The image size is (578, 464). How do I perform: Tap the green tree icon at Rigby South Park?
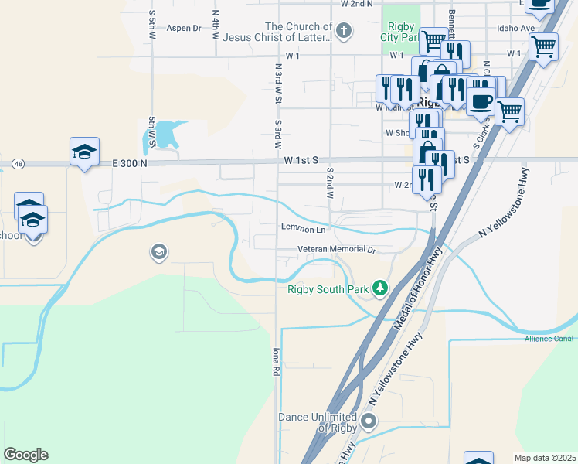click(x=379, y=288)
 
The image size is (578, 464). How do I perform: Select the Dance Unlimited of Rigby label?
click(x=318, y=422)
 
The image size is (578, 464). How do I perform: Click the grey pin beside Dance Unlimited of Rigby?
click(x=369, y=421)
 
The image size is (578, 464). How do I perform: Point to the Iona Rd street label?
click(x=274, y=360)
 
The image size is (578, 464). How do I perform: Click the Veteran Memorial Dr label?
click(x=336, y=250)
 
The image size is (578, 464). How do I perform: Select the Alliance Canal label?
click(x=549, y=339)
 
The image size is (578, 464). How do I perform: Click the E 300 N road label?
click(x=129, y=163)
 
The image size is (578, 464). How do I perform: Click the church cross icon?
click(x=345, y=32)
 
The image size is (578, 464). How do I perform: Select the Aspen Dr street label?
click(x=184, y=28)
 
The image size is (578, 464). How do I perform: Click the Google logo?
click(x=25, y=455)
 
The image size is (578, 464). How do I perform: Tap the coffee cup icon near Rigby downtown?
click(x=481, y=101)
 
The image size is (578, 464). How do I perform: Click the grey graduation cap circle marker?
click(x=158, y=251)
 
